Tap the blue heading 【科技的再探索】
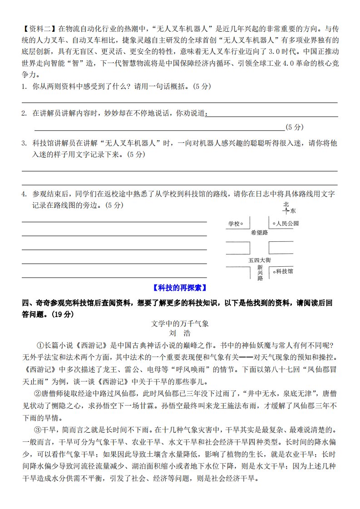pos(180,287)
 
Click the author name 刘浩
pos(180,333)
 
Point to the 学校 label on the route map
pos(233,224)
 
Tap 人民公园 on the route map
pos(287,224)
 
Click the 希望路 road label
pos(259,232)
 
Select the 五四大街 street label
pos(260,260)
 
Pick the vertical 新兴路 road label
pos(260,273)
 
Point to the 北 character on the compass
pos(286,205)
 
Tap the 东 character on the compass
pos(293,210)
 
